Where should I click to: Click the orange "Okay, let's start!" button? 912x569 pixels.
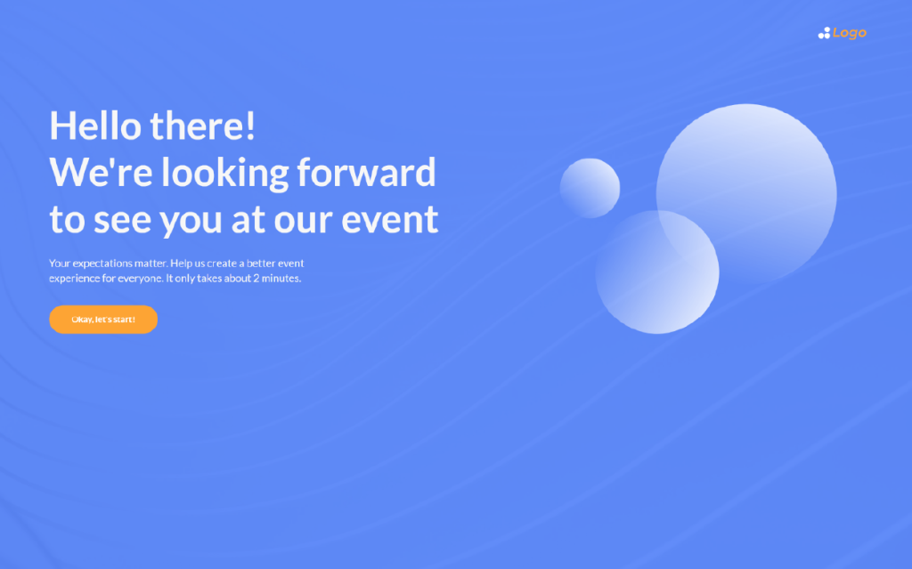103,320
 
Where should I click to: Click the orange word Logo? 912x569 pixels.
849,33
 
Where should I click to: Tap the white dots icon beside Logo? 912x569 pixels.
824,33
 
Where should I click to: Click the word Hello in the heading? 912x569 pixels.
95,126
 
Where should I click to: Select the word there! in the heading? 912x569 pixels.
202,126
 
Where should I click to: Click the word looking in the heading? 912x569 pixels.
225,174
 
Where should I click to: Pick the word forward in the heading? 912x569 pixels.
366,172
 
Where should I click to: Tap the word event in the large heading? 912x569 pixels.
390,220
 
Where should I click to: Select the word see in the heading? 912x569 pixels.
122,221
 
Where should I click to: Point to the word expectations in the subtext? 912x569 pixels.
102,264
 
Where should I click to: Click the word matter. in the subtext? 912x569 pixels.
151,263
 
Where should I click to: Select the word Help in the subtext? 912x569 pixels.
180,264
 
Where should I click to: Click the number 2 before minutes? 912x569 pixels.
256,278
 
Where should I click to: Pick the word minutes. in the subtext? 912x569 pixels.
281,278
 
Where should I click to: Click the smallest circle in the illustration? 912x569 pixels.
590,188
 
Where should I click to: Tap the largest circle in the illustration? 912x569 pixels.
747,193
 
